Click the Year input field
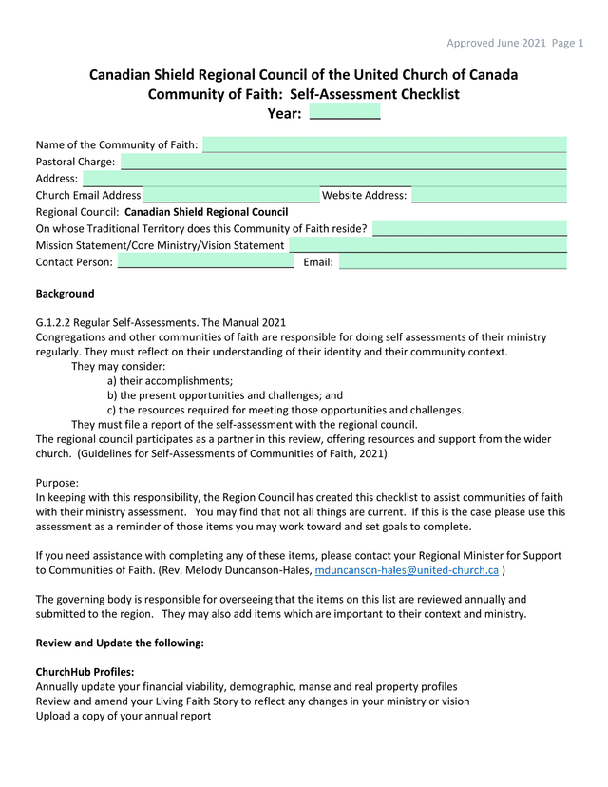(344, 113)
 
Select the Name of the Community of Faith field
(385, 144)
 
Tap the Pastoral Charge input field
(343, 162)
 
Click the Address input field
(324, 178)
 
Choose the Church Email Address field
(231, 195)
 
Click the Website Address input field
(488, 195)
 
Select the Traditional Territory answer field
(469, 229)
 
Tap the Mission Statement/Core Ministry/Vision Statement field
(427, 245)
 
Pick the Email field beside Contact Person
(452, 262)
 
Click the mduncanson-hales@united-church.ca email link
(407, 570)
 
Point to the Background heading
(65, 294)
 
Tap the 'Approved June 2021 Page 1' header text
(515, 43)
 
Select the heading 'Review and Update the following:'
(119, 643)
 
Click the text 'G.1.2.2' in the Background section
(56, 322)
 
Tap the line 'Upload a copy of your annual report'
(123, 716)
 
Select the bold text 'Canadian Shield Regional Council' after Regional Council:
(206, 212)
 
